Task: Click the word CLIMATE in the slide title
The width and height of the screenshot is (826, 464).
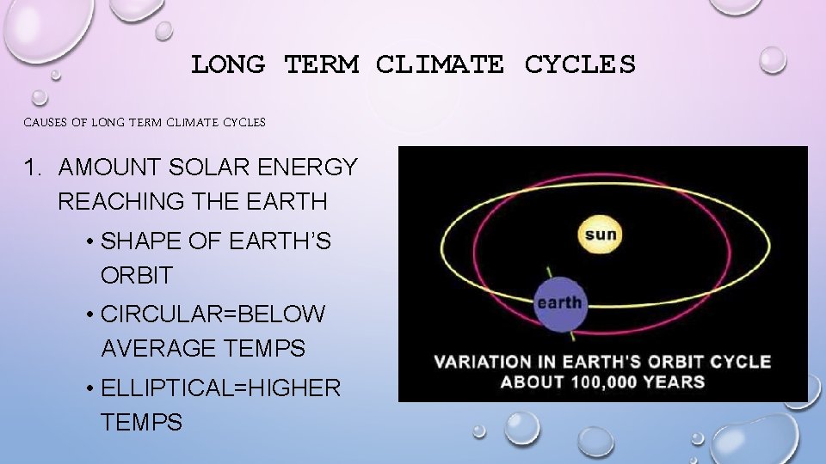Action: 440,64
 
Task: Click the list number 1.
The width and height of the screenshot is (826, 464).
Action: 32,168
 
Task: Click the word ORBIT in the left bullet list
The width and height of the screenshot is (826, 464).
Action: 136,276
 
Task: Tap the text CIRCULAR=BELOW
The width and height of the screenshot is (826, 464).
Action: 213,314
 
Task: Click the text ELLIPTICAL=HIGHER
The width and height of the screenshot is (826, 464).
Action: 220,388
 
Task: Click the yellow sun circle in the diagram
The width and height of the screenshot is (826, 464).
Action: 601,234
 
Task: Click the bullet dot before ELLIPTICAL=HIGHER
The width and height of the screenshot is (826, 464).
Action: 90,388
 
